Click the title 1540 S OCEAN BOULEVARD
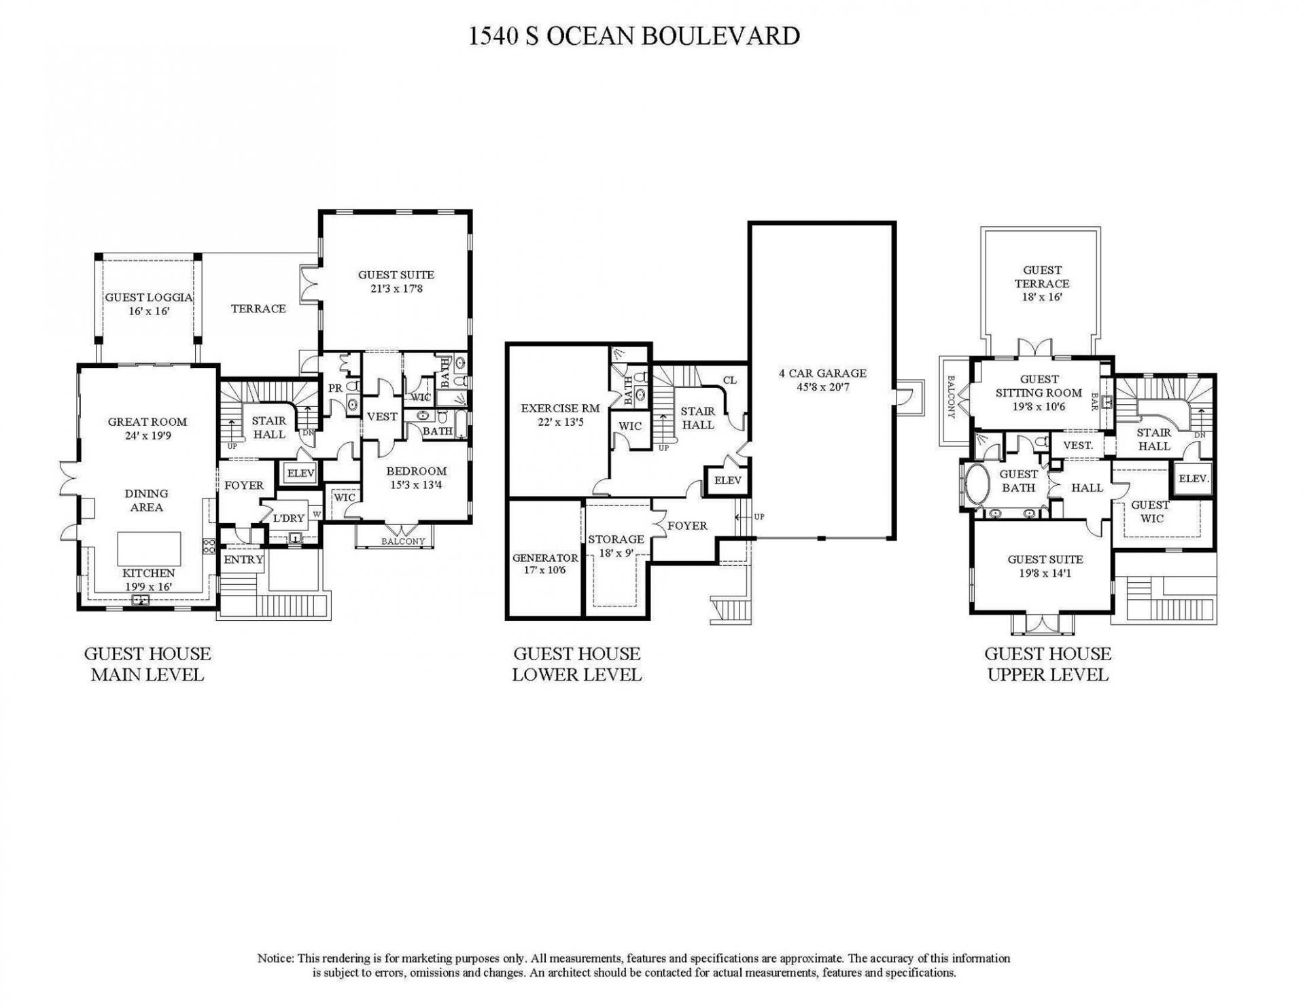(633, 35)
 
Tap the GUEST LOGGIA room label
(148, 304)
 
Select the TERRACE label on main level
(258, 308)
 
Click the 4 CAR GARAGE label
(822, 380)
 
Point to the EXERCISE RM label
(560, 414)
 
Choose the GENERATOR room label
(545, 564)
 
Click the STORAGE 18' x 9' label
(616, 546)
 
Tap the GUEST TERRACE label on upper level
(1042, 283)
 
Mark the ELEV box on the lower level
(727, 480)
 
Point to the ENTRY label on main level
(243, 560)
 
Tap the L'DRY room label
(288, 518)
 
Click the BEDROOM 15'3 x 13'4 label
(416, 478)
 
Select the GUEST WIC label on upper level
(1150, 511)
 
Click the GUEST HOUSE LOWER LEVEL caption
(576, 664)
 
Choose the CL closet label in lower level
(729, 380)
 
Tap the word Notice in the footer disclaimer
(275, 958)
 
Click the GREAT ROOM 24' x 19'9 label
(147, 429)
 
